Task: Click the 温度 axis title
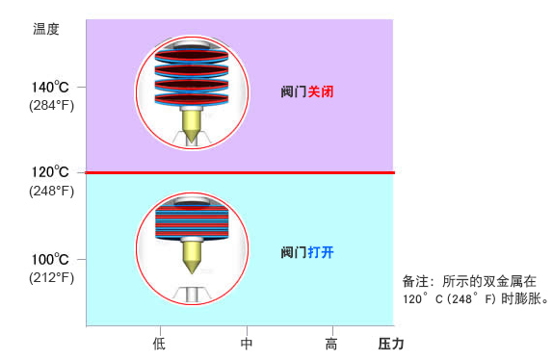coord(46,29)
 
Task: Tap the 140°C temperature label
coord(50,87)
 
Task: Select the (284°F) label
coord(51,105)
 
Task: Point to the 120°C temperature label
coord(50,172)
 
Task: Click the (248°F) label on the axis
coord(51,191)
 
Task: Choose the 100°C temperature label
coord(50,259)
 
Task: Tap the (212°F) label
coord(51,277)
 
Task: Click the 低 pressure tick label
coord(159,344)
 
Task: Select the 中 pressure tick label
coord(247,344)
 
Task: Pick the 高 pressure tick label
coord(331,344)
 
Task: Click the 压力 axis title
coord(391,344)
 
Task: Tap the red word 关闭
coord(321,91)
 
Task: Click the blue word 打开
coord(321,252)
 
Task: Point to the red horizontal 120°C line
coord(240,173)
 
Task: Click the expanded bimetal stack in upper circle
coord(192,77)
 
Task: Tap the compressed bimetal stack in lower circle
coord(192,221)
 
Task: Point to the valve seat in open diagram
coord(193,295)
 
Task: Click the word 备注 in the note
coord(415,281)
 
